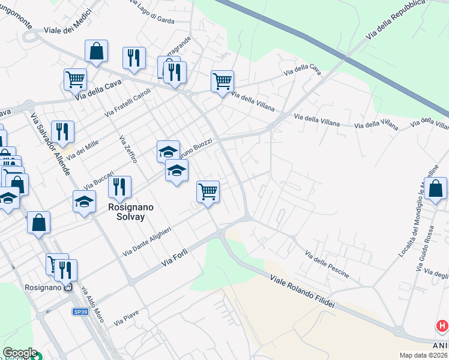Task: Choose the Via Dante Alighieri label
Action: [147, 240]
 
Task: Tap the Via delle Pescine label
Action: [327, 265]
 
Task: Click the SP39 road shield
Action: [80, 312]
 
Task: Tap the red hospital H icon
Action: [442, 326]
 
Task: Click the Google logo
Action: [20, 353]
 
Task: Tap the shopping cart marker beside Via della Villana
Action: [222, 81]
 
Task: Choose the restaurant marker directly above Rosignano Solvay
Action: [120, 187]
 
